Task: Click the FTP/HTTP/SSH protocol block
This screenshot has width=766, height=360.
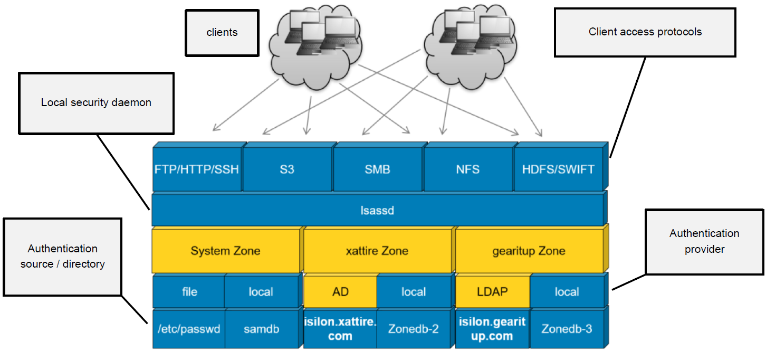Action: (197, 169)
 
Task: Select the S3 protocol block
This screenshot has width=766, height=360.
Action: (287, 169)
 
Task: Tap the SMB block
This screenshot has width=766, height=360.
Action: (378, 169)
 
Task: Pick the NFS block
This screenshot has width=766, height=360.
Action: (468, 169)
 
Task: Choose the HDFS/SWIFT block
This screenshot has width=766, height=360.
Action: (558, 169)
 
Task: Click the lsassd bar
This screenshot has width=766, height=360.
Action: (377, 211)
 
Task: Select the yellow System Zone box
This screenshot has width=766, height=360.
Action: (225, 251)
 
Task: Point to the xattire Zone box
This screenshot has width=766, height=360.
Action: (377, 251)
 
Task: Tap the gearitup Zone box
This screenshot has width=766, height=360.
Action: (529, 251)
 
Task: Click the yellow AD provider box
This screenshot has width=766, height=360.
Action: (341, 291)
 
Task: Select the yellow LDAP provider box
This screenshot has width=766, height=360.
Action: (492, 291)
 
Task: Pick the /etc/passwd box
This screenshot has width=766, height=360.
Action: (189, 329)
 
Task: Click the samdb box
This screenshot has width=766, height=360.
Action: (261, 329)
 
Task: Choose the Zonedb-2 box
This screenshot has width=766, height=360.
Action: (413, 329)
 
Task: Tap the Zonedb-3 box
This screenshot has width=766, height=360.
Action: (567, 329)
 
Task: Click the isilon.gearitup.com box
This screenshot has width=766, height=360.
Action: (492, 329)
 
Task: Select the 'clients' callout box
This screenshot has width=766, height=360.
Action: (222, 32)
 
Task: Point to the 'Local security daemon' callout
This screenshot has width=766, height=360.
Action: (96, 103)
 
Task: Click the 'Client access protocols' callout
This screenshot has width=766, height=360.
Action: (645, 32)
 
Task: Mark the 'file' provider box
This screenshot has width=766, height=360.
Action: (189, 291)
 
